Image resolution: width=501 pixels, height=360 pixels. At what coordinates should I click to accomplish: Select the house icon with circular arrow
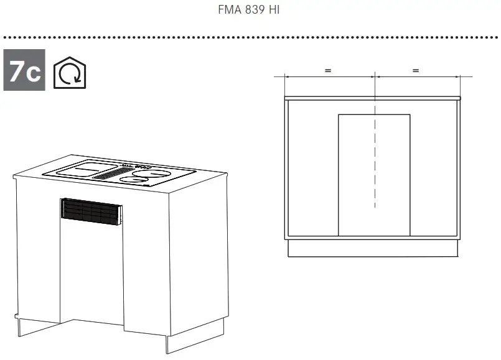pos(68,73)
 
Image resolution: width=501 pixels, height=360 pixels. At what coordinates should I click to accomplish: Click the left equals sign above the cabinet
pos(328,70)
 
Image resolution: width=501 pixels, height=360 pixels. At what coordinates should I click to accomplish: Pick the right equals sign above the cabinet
pos(416,70)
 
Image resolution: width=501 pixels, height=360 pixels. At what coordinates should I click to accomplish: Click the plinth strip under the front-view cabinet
pos(373,249)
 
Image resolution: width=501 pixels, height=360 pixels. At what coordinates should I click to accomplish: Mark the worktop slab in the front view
pos(373,98)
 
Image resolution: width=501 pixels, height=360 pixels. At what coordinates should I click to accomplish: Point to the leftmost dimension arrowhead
pos(287,76)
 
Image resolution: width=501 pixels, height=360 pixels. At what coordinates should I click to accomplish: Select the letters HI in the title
pos(274,11)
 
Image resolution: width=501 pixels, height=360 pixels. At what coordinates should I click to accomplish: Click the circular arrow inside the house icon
pos(68,75)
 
